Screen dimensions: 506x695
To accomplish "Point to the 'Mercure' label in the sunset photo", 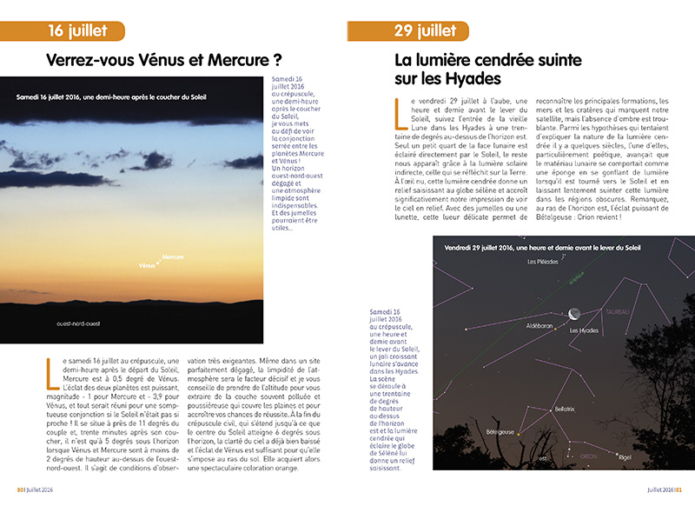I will coord(173,258).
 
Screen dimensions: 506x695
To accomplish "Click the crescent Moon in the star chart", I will coord(575,315).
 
